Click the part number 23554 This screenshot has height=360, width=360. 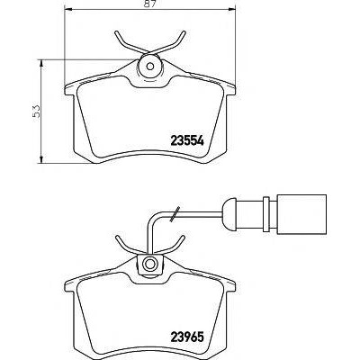click(187, 140)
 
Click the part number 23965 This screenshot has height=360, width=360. click(187, 337)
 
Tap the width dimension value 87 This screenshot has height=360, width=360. click(150, 4)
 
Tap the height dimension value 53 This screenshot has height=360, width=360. click(36, 111)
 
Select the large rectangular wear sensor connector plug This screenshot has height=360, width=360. click(301, 214)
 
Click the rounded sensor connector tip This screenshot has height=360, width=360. click(228, 214)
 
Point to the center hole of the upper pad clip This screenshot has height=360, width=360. click(150, 67)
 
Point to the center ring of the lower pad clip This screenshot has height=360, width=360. click(149, 264)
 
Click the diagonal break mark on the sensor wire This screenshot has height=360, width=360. click(175, 214)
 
